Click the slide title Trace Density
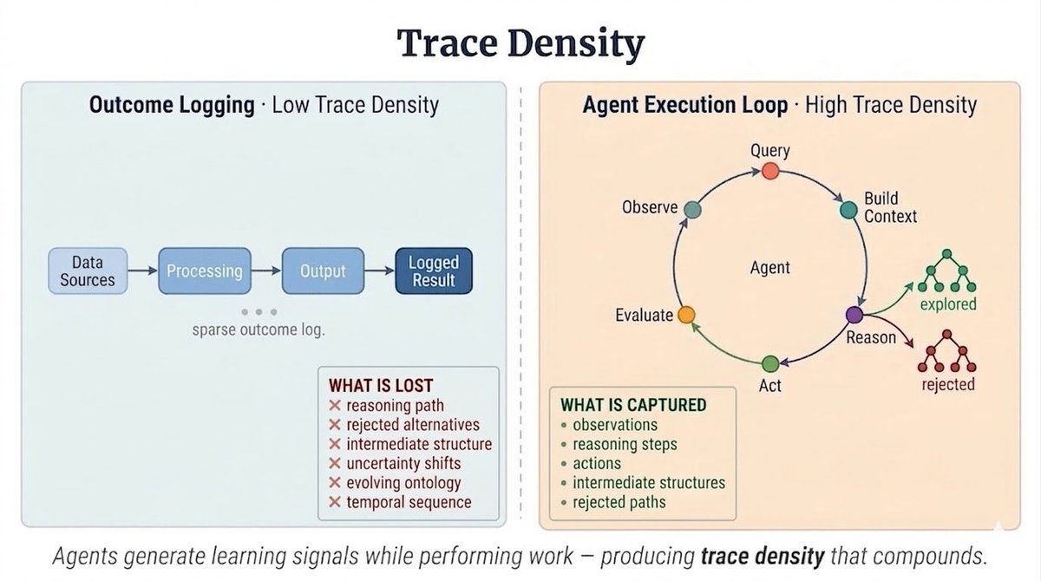pyautogui.click(x=520, y=42)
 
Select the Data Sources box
pyautogui.click(x=87, y=271)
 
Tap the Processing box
pyautogui.click(x=205, y=271)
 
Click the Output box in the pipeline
pyautogui.click(x=323, y=271)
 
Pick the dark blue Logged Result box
pyautogui.click(x=434, y=271)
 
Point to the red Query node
pyautogui.click(x=770, y=172)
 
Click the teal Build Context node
pyautogui.click(x=848, y=209)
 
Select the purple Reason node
pyautogui.click(x=854, y=315)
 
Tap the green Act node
pyautogui.click(x=770, y=363)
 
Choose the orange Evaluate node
pyautogui.click(x=686, y=315)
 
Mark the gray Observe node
pyautogui.click(x=692, y=209)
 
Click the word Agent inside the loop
pyautogui.click(x=770, y=267)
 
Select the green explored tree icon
pyautogui.click(x=948, y=275)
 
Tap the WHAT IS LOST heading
pyautogui.click(x=380, y=384)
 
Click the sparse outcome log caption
pyautogui.click(x=259, y=330)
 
